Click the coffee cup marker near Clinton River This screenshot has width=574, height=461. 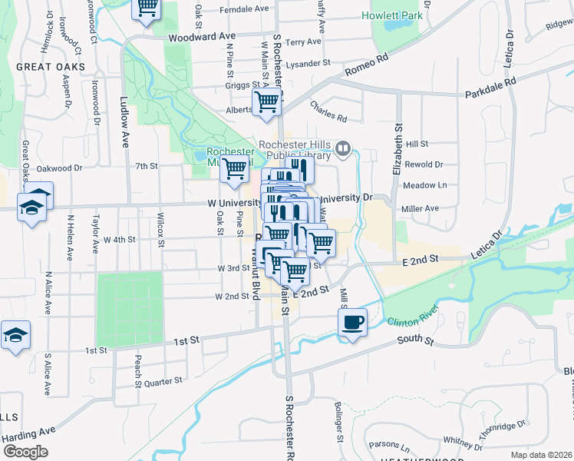352,322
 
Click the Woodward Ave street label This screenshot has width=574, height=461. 201,36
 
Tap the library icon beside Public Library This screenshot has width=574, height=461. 344,148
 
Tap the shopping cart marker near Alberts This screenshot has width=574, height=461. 266,101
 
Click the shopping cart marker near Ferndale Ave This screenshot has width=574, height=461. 147,8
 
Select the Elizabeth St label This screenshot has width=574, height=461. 398,150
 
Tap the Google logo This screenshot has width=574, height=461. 25,451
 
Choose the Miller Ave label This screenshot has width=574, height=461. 421,208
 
